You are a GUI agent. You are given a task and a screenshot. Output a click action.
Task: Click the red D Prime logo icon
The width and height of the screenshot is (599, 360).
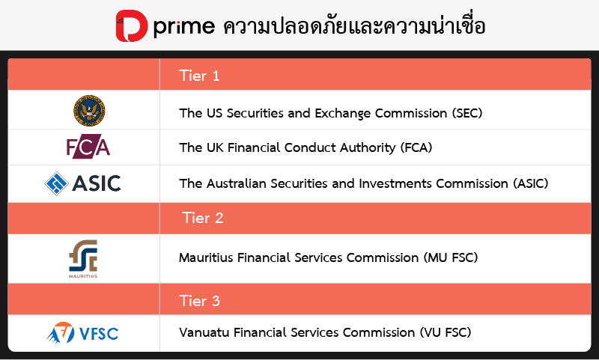point(132,25)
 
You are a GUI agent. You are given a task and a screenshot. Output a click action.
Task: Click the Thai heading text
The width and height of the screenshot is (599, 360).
point(354,26)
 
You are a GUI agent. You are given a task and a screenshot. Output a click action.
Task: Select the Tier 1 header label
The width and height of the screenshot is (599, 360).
point(199,76)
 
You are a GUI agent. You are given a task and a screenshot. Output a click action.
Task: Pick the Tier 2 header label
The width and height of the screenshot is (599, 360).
point(202,219)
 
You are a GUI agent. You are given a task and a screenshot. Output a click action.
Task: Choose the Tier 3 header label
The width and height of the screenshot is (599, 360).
point(199,302)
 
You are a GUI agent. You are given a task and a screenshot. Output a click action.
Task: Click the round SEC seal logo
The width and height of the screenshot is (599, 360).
point(89,111)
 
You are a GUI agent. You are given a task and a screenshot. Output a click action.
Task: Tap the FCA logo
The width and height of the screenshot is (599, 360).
point(88,147)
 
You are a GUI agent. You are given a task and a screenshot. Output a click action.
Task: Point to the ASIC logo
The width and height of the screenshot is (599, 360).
point(83,183)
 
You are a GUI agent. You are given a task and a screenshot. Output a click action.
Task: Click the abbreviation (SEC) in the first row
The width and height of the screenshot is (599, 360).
point(467,114)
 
